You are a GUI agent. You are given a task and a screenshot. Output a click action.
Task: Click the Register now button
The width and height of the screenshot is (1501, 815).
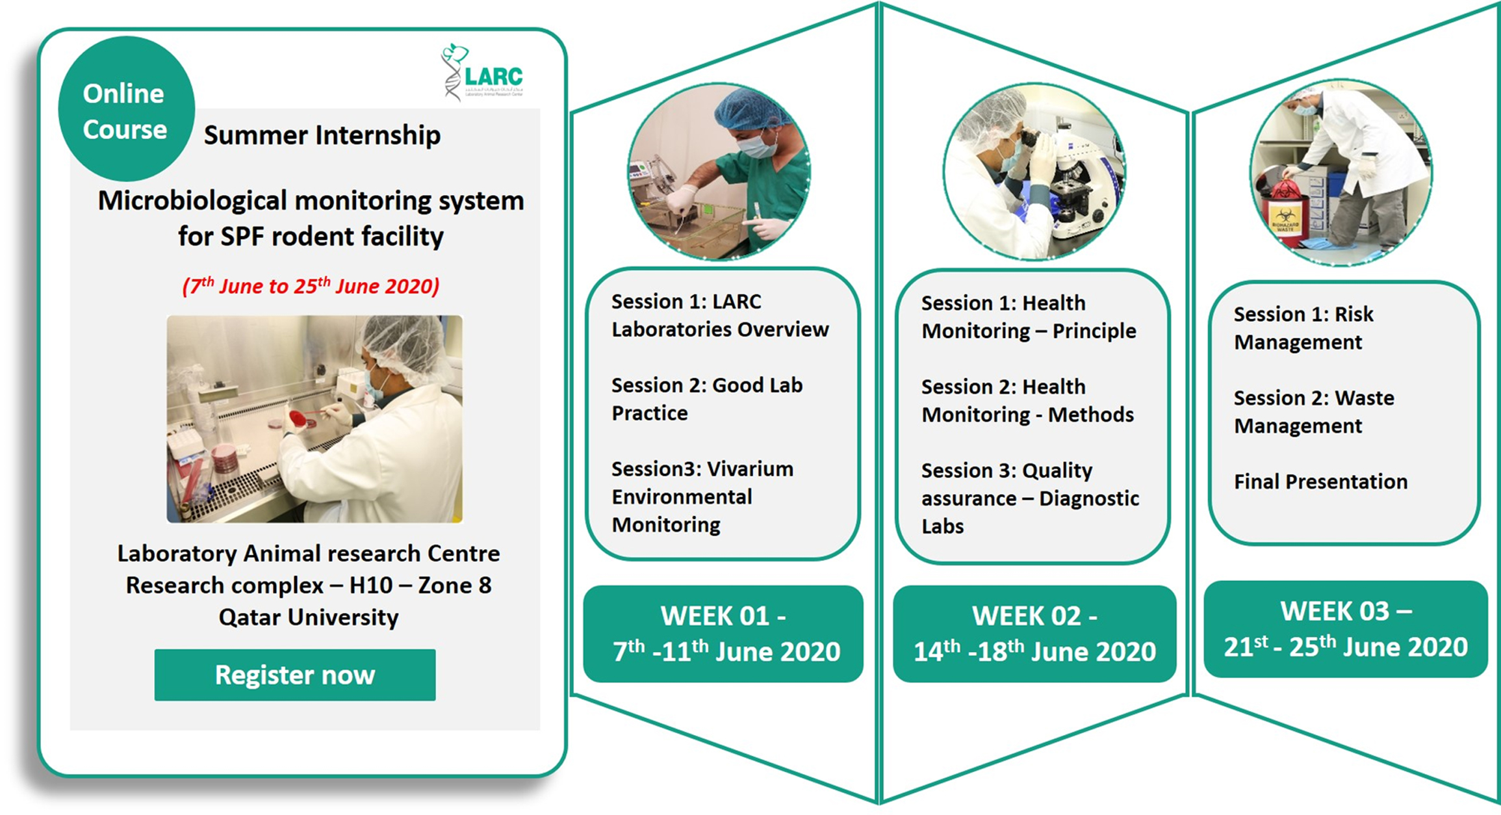point(295,675)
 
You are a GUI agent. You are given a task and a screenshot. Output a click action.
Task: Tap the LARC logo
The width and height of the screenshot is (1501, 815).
point(482,72)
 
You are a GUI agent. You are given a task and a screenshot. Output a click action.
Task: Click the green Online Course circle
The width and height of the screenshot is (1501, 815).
point(126,109)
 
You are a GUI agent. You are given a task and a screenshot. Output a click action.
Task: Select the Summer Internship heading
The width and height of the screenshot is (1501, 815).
point(322,135)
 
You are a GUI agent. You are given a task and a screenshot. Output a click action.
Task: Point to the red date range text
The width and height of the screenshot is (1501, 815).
point(311,286)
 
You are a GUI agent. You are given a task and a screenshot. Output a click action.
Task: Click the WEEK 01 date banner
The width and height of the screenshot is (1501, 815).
point(723,634)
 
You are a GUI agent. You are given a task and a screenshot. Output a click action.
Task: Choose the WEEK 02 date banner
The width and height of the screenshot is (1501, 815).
point(1034,634)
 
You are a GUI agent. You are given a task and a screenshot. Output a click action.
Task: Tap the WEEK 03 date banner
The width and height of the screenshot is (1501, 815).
point(1346,629)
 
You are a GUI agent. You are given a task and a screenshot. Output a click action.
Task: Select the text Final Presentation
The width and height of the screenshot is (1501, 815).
point(1320,482)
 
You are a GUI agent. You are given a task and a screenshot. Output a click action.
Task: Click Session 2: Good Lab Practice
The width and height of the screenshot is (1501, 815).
point(707,399)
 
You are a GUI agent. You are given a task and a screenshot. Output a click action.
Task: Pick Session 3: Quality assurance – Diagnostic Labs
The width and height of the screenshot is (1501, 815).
point(1030,498)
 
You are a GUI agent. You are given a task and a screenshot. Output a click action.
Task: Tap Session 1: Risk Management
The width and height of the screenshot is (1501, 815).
point(1303,328)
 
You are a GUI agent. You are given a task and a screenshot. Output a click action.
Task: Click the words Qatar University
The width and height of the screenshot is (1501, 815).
point(309,617)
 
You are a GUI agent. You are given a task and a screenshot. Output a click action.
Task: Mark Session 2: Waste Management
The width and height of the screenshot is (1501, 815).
point(1314,412)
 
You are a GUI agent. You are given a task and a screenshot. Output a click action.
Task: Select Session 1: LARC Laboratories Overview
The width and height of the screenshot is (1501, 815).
point(720,315)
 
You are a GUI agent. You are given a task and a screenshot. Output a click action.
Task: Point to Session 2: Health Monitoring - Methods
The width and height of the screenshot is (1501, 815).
point(1027,401)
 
